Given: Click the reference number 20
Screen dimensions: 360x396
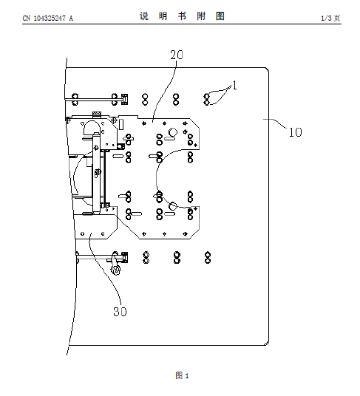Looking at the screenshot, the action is (177, 55).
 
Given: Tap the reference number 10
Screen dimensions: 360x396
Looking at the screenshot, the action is (295, 132).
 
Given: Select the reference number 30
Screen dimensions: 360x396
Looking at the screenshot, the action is (120, 312).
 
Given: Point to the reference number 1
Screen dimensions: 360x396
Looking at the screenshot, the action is (235, 86).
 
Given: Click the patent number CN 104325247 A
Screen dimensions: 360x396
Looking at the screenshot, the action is (48, 18).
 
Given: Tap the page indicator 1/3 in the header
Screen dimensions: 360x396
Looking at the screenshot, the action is (326, 18).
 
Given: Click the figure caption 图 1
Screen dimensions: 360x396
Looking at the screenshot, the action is (182, 375).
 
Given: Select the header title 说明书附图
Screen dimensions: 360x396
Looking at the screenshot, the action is (182, 16).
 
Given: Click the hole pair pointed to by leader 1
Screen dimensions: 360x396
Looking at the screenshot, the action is (207, 99).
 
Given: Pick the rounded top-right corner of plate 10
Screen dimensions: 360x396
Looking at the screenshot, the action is (267, 69).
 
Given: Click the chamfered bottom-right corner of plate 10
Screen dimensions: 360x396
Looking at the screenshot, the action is (267, 343).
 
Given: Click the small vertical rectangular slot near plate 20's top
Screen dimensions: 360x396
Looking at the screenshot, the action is (121, 124).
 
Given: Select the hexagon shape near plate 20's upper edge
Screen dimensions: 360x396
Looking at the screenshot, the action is (173, 132).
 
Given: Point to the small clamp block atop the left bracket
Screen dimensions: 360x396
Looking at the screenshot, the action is (97, 114).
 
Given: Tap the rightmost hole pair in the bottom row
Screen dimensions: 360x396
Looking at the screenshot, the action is (208, 257).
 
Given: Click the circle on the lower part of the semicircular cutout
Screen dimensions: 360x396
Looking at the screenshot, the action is (172, 206).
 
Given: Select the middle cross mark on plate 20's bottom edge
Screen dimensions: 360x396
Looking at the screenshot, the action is (164, 234).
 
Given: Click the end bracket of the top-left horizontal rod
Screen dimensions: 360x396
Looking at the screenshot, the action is (124, 99).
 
